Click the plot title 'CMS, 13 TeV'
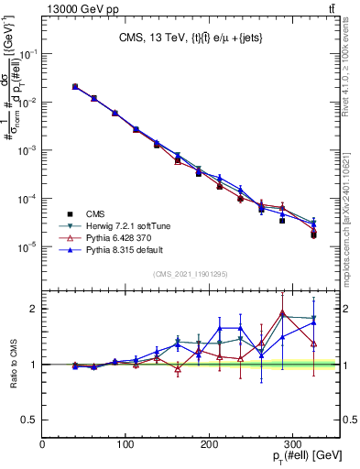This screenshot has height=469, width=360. coord(151,38)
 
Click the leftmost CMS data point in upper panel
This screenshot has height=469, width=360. coord(75,87)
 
